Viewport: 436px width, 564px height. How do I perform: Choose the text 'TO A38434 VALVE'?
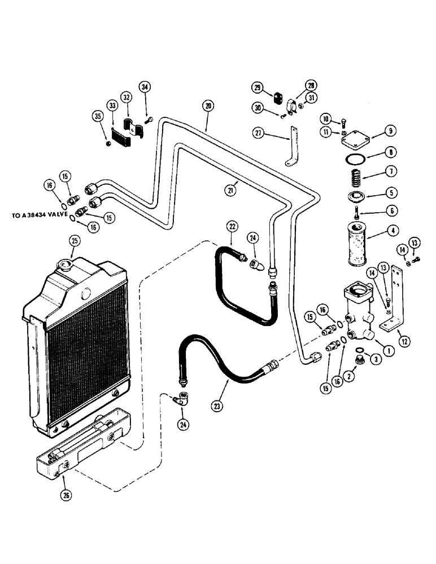pos(41,215)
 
